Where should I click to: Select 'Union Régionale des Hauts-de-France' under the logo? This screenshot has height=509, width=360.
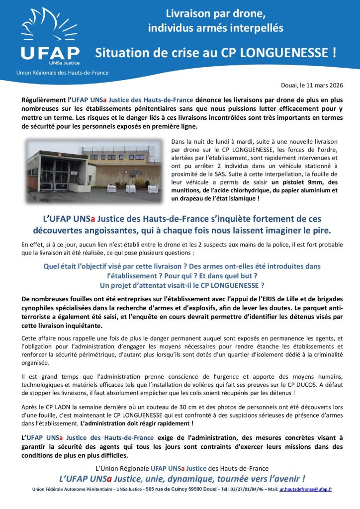click(62, 73)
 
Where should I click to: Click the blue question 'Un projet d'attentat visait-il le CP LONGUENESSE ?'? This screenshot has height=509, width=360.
click(181, 285)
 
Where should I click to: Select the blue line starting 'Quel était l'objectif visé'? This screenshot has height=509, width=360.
click(181, 266)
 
